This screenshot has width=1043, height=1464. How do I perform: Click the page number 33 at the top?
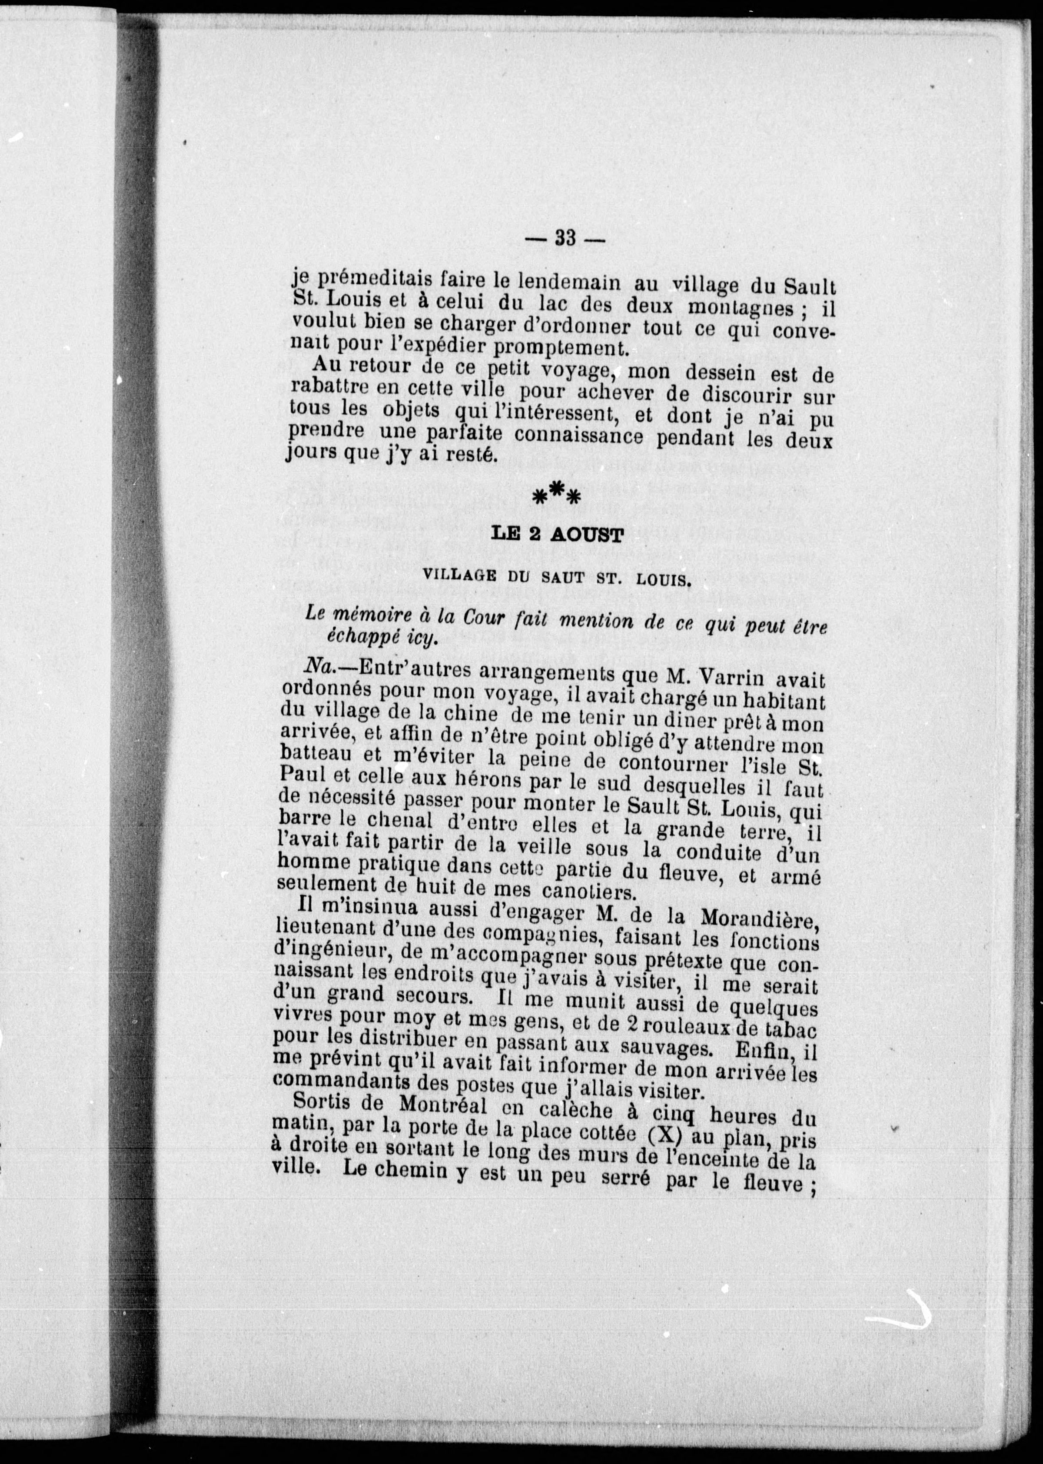[565, 238]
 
